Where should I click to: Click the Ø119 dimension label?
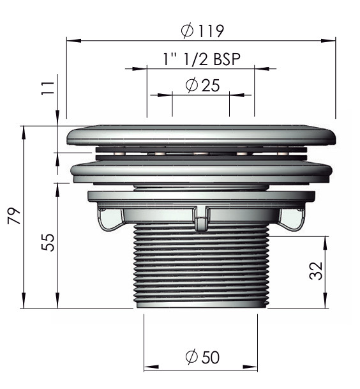click(x=202, y=31)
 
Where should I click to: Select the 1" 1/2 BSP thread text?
click(x=201, y=59)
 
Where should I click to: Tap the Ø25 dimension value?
click(x=202, y=85)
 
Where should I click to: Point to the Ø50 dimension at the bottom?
click(x=202, y=357)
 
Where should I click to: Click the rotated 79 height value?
click(x=14, y=216)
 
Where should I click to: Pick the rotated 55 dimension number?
click(x=48, y=242)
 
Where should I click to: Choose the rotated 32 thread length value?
click(x=316, y=271)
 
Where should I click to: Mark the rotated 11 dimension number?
click(x=48, y=88)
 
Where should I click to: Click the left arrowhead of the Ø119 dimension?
click(x=74, y=40)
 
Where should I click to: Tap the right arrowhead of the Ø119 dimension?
click(x=328, y=40)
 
